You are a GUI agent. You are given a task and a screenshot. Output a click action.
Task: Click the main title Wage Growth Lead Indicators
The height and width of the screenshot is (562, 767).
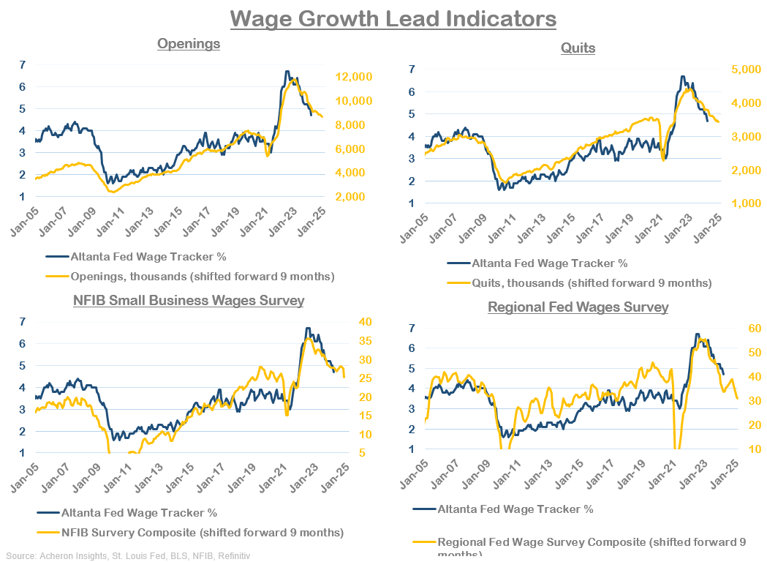[393, 18]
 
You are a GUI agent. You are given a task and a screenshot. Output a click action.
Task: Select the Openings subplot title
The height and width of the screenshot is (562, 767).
[189, 44]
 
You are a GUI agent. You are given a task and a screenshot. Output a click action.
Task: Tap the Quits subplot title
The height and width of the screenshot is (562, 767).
[578, 48]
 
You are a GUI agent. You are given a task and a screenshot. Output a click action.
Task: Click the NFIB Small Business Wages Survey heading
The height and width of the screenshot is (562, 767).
[189, 300]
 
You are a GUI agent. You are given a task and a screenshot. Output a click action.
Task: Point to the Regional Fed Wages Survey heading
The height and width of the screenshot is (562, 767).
[578, 307]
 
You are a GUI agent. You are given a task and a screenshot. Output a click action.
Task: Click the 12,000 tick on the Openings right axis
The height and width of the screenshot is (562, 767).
[354, 77]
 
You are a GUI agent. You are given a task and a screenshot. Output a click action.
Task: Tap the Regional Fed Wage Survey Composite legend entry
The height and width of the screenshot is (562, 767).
[591, 542]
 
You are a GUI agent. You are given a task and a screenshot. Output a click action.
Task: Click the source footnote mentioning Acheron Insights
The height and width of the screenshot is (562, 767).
[128, 556]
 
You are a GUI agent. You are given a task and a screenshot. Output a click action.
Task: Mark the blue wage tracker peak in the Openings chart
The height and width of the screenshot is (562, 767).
[287, 72]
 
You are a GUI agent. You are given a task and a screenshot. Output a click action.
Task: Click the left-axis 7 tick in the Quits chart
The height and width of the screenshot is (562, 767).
[413, 70]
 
